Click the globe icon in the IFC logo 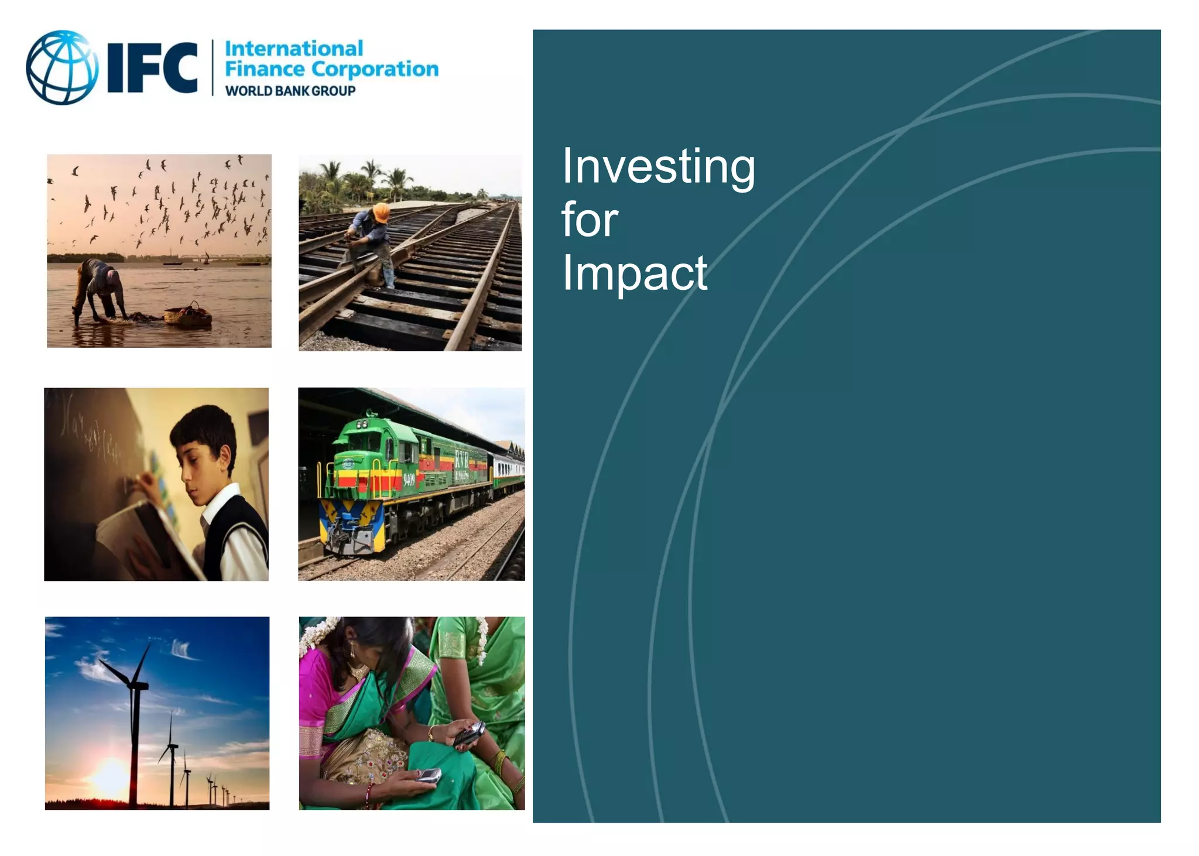pyautogui.click(x=62, y=67)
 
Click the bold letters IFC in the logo pyautogui.click(x=153, y=67)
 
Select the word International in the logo pyautogui.click(x=294, y=49)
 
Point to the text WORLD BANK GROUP pyautogui.click(x=290, y=91)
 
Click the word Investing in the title pyautogui.click(x=658, y=167)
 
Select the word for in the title pyautogui.click(x=590, y=220)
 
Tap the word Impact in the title pyautogui.click(x=635, y=273)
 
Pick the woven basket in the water pyautogui.click(x=188, y=316)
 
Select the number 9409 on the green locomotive pyautogui.click(x=408, y=481)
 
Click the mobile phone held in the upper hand pyautogui.click(x=470, y=733)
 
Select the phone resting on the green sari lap pyautogui.click(x=428, y=776)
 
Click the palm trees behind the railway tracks pyautogui.click(x=375, y=176)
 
